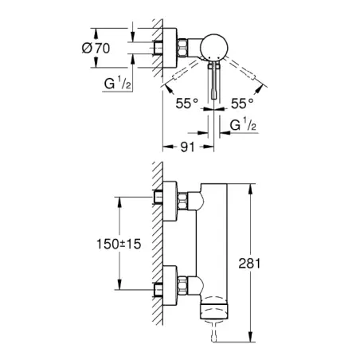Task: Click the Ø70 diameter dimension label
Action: [96, 49]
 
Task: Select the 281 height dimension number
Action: [249, 264]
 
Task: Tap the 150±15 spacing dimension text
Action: [119, 244]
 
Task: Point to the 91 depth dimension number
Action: [188, 147]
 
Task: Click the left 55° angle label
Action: [187, 104]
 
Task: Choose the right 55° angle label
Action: [242, 104]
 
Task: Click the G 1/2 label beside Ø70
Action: [117, 83]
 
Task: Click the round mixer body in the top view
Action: [214, 47]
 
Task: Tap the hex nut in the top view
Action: [182, 48]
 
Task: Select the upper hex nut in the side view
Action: [182, 202]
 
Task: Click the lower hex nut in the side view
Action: [182, 285]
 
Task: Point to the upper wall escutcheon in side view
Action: [170, 202]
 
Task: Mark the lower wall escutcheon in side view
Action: [170, 285]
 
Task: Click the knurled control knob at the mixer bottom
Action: [214, 310]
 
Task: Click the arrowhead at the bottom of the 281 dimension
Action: [250, 336]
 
